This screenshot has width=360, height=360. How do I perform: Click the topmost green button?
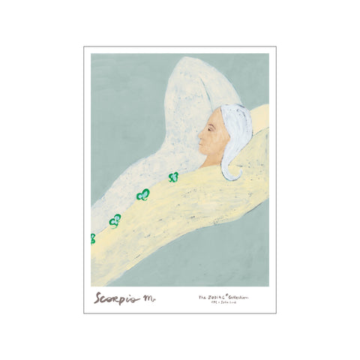pyautogui.click(x=173, y=177)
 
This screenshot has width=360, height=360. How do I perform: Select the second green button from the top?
pyautogui.click(x=142, y=195)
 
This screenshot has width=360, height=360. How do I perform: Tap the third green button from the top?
pyautogui.click(x=115, y=220)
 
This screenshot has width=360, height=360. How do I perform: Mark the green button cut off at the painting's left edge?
pyautogui.click(x=93, y=238)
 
